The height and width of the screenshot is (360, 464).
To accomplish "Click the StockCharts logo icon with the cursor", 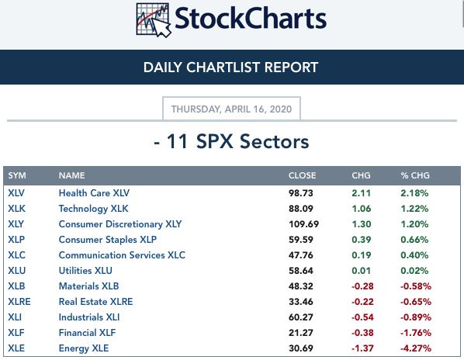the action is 154,20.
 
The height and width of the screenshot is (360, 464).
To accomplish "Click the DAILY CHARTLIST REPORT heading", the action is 230,67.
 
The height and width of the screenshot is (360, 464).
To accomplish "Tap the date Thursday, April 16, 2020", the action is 231,109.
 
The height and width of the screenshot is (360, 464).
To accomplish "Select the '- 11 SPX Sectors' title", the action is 231,141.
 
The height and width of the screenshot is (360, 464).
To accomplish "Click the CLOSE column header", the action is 302,175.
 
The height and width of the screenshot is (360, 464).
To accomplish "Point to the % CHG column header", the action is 415,175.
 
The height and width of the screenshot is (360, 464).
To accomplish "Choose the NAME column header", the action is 72,175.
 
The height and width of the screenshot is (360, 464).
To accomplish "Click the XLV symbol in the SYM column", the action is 16,193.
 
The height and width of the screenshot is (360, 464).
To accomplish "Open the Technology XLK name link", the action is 94,209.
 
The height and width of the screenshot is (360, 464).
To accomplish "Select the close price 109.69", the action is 303,224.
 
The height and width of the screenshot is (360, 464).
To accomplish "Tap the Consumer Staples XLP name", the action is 108,240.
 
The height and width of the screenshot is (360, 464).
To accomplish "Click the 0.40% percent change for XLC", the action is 414,255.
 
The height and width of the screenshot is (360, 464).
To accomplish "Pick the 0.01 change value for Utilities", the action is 361,271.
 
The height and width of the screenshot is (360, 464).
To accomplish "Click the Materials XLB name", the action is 88,286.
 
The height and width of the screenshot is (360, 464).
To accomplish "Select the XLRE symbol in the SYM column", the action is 19,302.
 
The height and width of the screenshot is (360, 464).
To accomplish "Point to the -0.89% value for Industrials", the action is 416,317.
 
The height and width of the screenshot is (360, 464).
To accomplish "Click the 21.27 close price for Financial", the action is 301,333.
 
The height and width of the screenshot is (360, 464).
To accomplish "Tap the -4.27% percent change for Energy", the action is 416,348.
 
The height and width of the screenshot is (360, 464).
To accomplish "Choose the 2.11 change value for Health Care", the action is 361,193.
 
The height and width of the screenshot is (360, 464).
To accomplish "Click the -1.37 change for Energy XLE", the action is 362,348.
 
